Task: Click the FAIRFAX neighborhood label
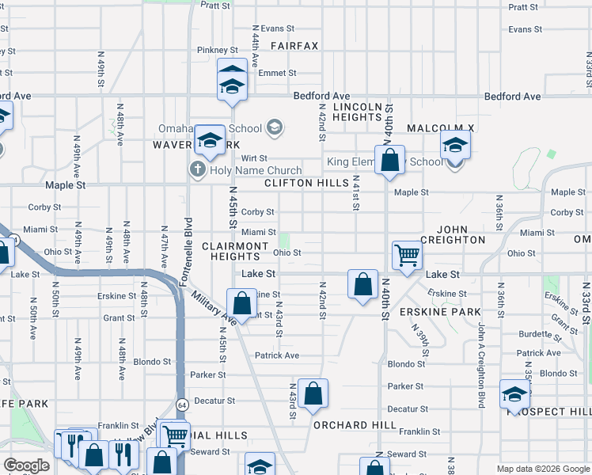pos(294,46)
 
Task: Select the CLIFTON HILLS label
pos(306,183)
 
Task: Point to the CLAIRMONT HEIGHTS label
pos(234,251)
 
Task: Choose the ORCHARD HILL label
pos(355,425)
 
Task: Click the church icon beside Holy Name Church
pos(196,169)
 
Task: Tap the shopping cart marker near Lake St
pos(407,255)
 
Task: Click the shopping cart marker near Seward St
pos(174,435)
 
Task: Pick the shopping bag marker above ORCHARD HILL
pos(313,393)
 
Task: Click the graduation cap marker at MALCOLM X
pos(455,145)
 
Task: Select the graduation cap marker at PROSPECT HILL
pos(514,395)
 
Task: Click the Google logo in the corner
pos(26,465)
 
